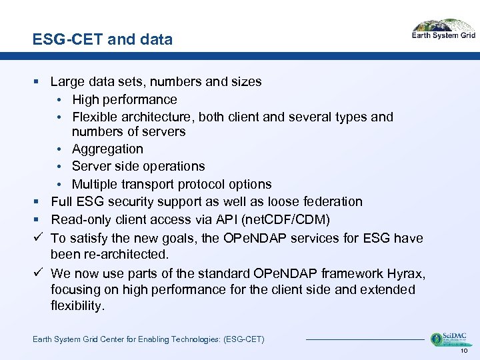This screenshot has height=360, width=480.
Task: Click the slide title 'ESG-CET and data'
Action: (x=102, y=40)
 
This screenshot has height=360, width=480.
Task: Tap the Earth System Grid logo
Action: (x=443, y=30)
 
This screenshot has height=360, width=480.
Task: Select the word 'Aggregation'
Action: (x=107, y=149)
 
